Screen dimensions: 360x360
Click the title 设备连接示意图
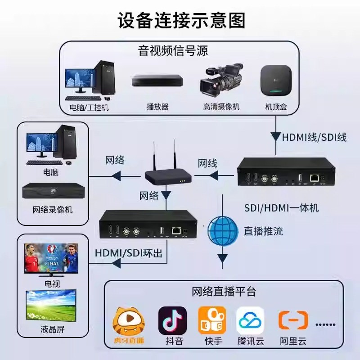pos(180,20)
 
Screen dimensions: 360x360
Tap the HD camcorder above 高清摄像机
pos(221,81)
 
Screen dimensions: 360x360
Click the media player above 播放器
pos(157,81)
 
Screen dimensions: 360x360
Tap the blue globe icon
pos(222,231)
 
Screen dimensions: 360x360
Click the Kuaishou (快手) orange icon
pos(212,320)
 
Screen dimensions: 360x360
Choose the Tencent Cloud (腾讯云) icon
pos(251,320)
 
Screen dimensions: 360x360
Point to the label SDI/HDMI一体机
pos(281,207)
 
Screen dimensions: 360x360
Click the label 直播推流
pos(263,231)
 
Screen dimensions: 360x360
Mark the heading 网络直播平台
pos(224,292)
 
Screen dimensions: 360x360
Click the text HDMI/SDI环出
pos(129,253)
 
